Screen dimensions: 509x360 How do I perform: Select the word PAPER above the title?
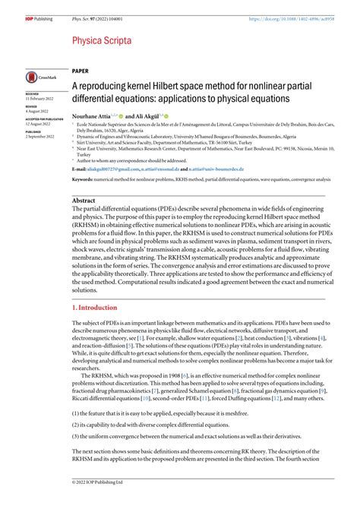tap(81, 68)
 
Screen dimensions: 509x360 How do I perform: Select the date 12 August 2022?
tap(39, 124)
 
